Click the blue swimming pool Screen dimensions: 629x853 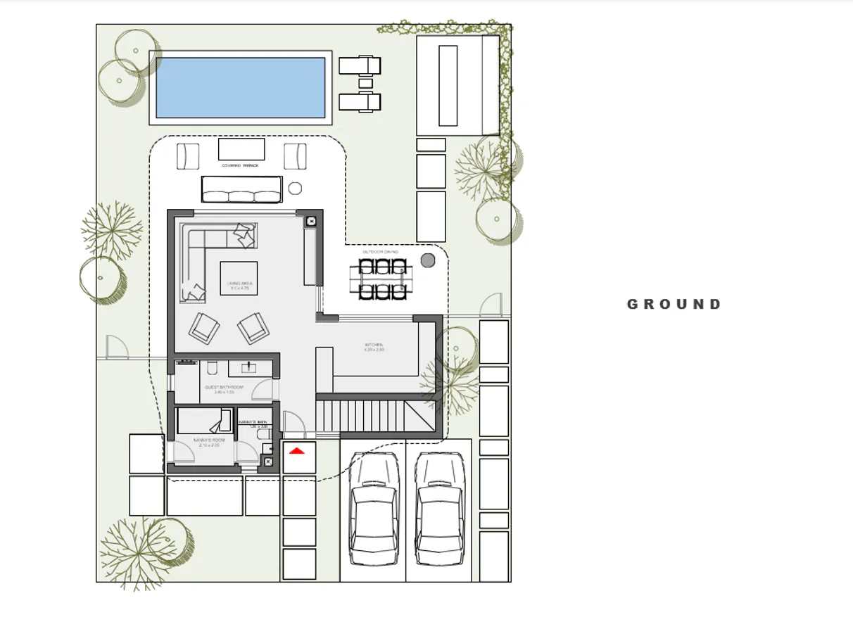click(x=240, y=87)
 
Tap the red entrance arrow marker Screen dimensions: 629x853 click(x=298, y=450)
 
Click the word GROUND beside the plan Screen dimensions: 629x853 click(x=674, y=305)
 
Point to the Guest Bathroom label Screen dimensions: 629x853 click(x=224, y=389)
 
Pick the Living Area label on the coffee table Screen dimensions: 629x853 click(x=239, y=286)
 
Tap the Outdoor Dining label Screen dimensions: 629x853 click(x=380, y=251)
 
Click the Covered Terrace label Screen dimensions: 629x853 click(x=240, y=166)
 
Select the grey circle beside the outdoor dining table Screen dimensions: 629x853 click(x=428, y=260)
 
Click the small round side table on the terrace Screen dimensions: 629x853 click(x=295, y=189)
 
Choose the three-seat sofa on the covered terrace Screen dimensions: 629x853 click(x=241, y=189)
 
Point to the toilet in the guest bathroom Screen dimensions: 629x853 click(x=212, y=368)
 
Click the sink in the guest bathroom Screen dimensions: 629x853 click(x=250, y=367)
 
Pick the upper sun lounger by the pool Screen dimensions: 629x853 click(x=360, y=65)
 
